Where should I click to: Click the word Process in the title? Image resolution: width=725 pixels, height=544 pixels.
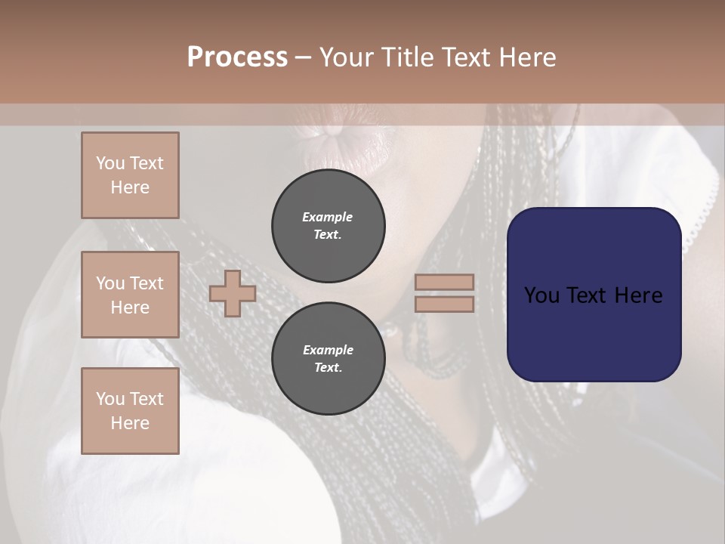tap(237, 57)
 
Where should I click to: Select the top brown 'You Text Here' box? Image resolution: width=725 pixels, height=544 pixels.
tap(130, 175)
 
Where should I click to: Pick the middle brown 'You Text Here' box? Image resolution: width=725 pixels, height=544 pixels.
tap(130, 295)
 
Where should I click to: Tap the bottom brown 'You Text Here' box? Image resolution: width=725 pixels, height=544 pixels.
tap(130, 410)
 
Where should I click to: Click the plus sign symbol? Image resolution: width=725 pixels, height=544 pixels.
tap(233, 293)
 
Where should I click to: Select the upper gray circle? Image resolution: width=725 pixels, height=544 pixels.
tap(329, 225)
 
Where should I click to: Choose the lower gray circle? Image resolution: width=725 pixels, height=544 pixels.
tap(329, 358)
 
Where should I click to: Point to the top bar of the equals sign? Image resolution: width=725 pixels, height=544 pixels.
tap(445, 282)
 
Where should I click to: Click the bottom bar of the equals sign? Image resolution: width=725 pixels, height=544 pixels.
tap(445, 304)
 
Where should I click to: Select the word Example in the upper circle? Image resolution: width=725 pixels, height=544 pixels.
tap(328, 217)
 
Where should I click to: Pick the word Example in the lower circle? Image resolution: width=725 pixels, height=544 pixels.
tap(328, 350)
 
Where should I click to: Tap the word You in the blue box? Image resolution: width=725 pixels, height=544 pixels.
tap(541, 295)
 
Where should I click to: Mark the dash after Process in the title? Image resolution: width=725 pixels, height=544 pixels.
tap(303, 57)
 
